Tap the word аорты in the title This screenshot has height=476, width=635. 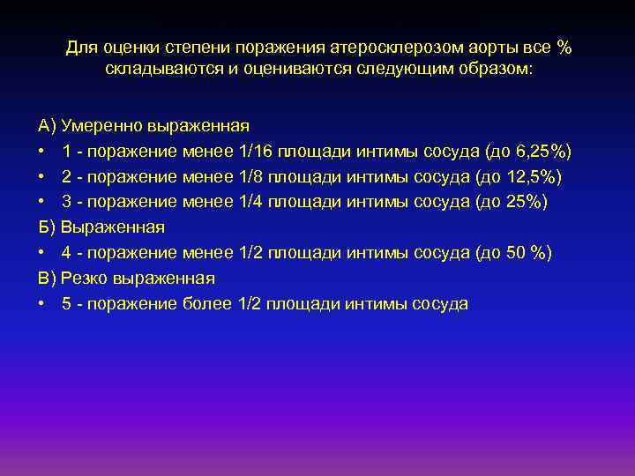[477, 47]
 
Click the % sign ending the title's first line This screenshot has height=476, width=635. [564, 47]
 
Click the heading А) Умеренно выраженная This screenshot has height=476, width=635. [144, 126]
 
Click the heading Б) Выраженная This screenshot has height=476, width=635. [101, 227]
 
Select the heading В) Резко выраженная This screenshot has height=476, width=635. [126, 279]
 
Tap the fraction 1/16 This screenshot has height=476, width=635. [257, 152]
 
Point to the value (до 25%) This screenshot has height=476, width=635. [512, 203]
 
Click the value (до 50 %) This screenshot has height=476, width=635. [513, 254]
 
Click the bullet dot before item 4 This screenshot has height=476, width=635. [41, 254]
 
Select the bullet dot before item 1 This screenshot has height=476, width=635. [41, 152]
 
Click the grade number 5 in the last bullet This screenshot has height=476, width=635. [67, 304]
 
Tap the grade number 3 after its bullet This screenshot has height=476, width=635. [67, 203]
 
